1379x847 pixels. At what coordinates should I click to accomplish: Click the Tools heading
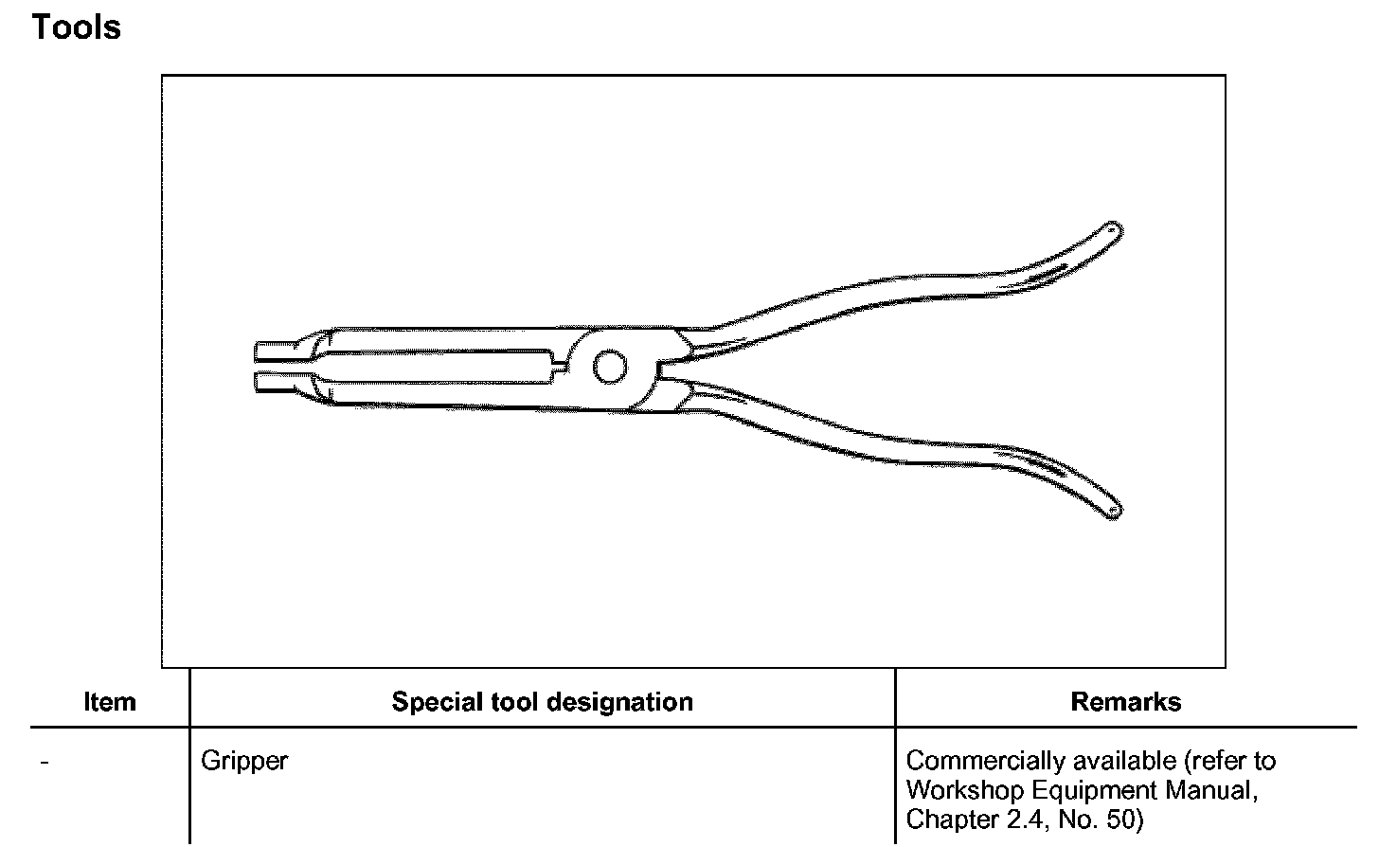coord(77,27)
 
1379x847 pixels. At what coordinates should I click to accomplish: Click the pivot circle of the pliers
coord(609,368)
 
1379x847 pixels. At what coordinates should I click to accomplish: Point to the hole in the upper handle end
coord(1113,229)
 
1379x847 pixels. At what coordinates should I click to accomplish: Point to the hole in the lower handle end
coord(1113,510)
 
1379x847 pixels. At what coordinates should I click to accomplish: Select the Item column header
coord(110,702)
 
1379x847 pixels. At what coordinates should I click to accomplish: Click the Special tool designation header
coord(542,702)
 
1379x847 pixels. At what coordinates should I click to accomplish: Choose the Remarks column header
coord(1125,702)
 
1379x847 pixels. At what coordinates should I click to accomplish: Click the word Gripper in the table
coord(244,761)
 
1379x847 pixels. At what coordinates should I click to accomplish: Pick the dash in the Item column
coord(45,762)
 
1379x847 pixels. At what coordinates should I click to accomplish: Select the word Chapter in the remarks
coord(942,819)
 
